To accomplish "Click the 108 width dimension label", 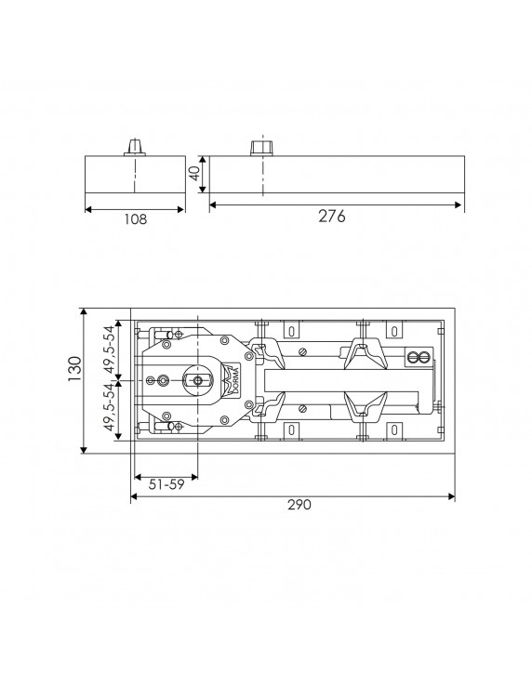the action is point(136,218).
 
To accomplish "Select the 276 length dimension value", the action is point(331,217).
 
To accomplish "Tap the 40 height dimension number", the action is point(195,172).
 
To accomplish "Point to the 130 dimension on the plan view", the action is point(75,369).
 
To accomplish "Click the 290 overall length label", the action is point(299,505).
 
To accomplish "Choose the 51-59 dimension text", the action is point(166,484).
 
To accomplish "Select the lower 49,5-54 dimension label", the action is point(109,407).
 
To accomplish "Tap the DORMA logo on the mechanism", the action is point(233,380).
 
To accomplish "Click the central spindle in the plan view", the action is point(197,380).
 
